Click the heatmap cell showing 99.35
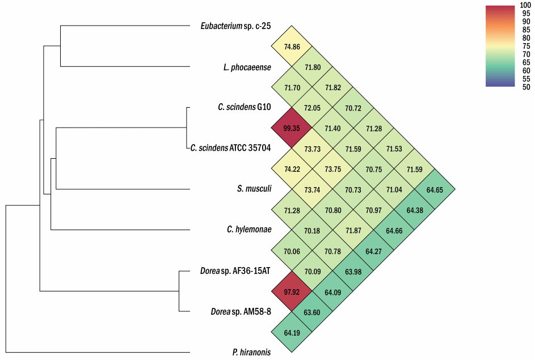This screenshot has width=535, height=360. (292, 128)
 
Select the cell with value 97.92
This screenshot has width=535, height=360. (292, 291)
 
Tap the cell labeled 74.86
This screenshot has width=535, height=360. (292, 46)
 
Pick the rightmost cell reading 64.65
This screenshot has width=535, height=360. (435, 189)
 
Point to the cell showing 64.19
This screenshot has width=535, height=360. (292, 332)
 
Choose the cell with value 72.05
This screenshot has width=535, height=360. (312, 107)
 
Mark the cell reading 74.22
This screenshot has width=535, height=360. (292, 169)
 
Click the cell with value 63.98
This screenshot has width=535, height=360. (353, 271)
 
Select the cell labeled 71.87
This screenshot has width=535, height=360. (353, 230)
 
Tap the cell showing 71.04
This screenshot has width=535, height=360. (394, 189)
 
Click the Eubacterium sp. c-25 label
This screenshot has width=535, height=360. (236, 26)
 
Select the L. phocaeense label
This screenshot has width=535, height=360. (247, 67)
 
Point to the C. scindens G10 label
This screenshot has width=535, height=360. (245, 107)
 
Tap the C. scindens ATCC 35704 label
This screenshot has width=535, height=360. (231, 148)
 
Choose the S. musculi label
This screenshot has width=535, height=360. (254, 189)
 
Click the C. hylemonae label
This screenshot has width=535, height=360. (249, 230)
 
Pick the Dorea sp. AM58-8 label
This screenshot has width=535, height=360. (241, 312)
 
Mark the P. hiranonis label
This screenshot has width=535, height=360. (252, 352)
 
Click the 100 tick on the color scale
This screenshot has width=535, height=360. (525, 5)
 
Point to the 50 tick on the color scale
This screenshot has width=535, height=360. (526, 87)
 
